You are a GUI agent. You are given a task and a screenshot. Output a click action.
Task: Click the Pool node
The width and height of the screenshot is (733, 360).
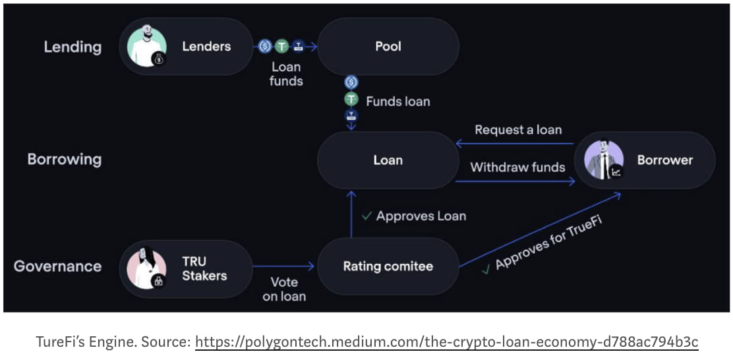coord(388,47)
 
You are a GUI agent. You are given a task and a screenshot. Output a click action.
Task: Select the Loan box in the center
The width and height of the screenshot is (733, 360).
coord(388,160)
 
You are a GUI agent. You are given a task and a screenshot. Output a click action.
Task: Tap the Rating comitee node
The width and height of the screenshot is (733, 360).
coord(388,266)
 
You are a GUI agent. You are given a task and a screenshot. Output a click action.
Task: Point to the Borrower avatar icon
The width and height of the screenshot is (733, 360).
coord(604,160)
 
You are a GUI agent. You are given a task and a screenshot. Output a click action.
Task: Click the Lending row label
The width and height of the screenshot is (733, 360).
coord(73,47)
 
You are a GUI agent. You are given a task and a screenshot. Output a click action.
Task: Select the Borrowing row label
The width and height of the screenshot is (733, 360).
coord(65,160)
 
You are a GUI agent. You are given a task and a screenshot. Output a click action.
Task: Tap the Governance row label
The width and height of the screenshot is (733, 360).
coord(58,266)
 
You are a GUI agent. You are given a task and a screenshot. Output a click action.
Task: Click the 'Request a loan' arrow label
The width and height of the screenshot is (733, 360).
coord(518,130)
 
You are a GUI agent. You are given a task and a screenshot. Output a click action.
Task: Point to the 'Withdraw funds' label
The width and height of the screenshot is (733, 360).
coord(517,167)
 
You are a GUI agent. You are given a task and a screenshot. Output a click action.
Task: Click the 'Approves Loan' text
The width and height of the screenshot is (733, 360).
coord(421,216)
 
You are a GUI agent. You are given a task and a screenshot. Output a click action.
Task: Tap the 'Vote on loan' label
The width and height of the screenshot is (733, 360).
coord(284,289)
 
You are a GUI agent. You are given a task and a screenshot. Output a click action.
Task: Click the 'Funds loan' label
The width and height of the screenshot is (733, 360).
coord(397,102)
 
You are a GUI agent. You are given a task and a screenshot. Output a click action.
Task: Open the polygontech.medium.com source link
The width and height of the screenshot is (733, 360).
coord(446,342)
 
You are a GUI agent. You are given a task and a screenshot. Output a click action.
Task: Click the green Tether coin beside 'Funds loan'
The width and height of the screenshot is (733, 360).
coord(351,100)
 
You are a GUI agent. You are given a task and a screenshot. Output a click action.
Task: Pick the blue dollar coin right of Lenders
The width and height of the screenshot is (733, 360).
coord(265,46)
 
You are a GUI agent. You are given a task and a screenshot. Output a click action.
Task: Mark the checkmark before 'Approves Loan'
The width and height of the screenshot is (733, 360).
coord(366,216)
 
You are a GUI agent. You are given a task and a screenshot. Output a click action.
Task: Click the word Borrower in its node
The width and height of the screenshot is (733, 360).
coord(664,160)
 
